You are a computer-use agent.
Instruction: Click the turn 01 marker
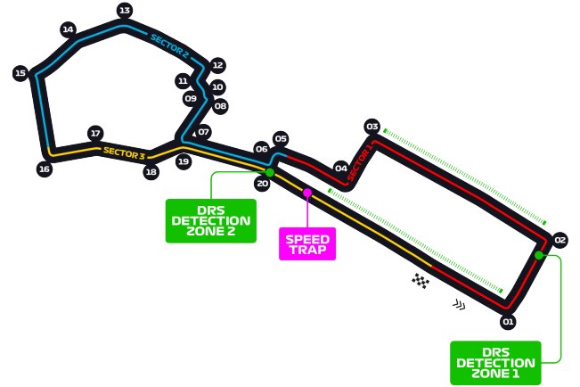click(x=509, y=321)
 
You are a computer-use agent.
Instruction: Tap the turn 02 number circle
click(x=560, y=240)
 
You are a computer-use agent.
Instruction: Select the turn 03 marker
click(x=372, y=127)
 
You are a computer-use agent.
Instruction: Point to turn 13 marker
click(x=124, y=11)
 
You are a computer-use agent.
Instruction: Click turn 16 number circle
click(x=44, y=169)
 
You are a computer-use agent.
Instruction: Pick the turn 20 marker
click(x=262, y=184)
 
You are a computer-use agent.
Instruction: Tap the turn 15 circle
click(x=20, y=73)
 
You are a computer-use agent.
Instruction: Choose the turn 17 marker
click(x=95, y=134)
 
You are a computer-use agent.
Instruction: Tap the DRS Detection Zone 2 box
click(x=210, y=220)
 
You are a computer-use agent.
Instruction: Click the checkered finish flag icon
click(x=421, y=281)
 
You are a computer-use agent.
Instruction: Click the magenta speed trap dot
click(x=307, y=192)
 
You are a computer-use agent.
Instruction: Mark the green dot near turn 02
click(x=539, y=255)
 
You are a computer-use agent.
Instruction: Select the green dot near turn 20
click(x=269, y=171)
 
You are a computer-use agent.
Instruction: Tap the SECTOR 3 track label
click(x=124, y=152)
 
